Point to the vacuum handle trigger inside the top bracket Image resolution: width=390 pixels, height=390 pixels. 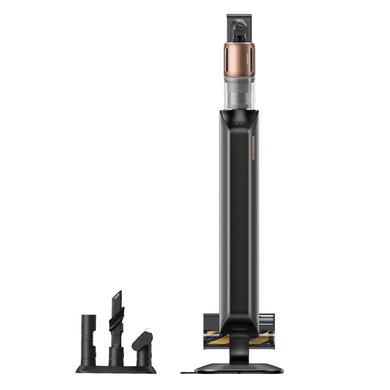pos(239,32)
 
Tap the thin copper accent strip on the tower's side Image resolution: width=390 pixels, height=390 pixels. pos(253,146)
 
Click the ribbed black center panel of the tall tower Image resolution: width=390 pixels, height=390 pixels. pos(238,219)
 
